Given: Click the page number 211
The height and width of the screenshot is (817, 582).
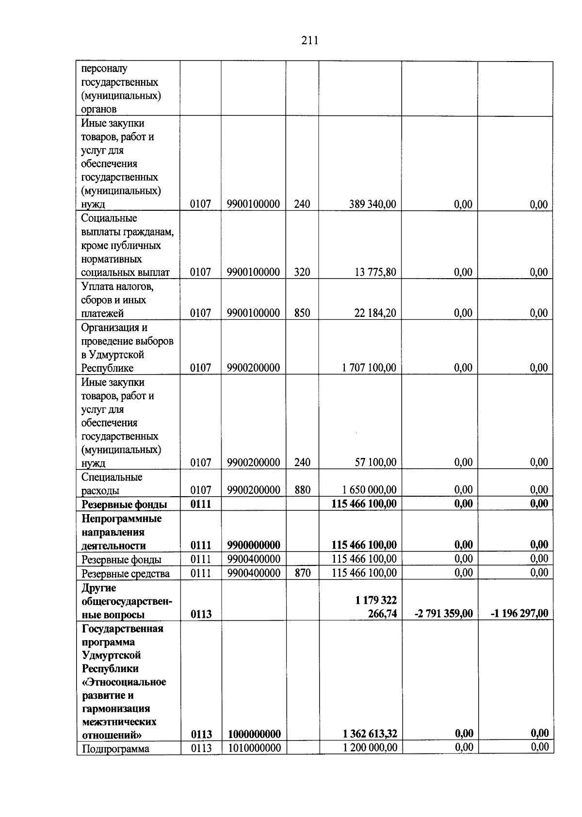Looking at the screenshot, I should coord(309,41).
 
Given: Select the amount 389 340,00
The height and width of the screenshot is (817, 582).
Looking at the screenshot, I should coord(372,204).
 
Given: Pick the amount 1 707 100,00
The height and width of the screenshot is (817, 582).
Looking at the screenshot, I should coord(369,368).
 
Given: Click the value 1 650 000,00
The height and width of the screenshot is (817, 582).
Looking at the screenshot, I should coord(369,490).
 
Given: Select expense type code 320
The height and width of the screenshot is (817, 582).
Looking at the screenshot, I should coord(302,272).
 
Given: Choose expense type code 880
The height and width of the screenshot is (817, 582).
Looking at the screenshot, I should coord(302,490).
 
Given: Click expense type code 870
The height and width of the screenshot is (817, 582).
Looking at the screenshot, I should coord(302,573).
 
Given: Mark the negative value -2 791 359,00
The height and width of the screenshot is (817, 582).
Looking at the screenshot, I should coord(443,614).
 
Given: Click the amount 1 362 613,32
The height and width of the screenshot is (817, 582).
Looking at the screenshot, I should coord(370,734).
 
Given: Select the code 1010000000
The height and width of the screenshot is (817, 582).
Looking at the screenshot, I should coord(254,748).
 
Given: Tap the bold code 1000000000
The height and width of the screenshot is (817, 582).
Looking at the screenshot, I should coord(254,734).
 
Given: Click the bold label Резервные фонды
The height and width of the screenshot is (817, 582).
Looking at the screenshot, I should coord(124,504).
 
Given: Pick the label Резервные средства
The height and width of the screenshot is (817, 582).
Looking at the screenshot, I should coord(125,574).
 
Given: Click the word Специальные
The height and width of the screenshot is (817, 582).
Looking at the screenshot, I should coord(112,477).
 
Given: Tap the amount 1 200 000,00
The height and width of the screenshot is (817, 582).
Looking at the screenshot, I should coord(370,748).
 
